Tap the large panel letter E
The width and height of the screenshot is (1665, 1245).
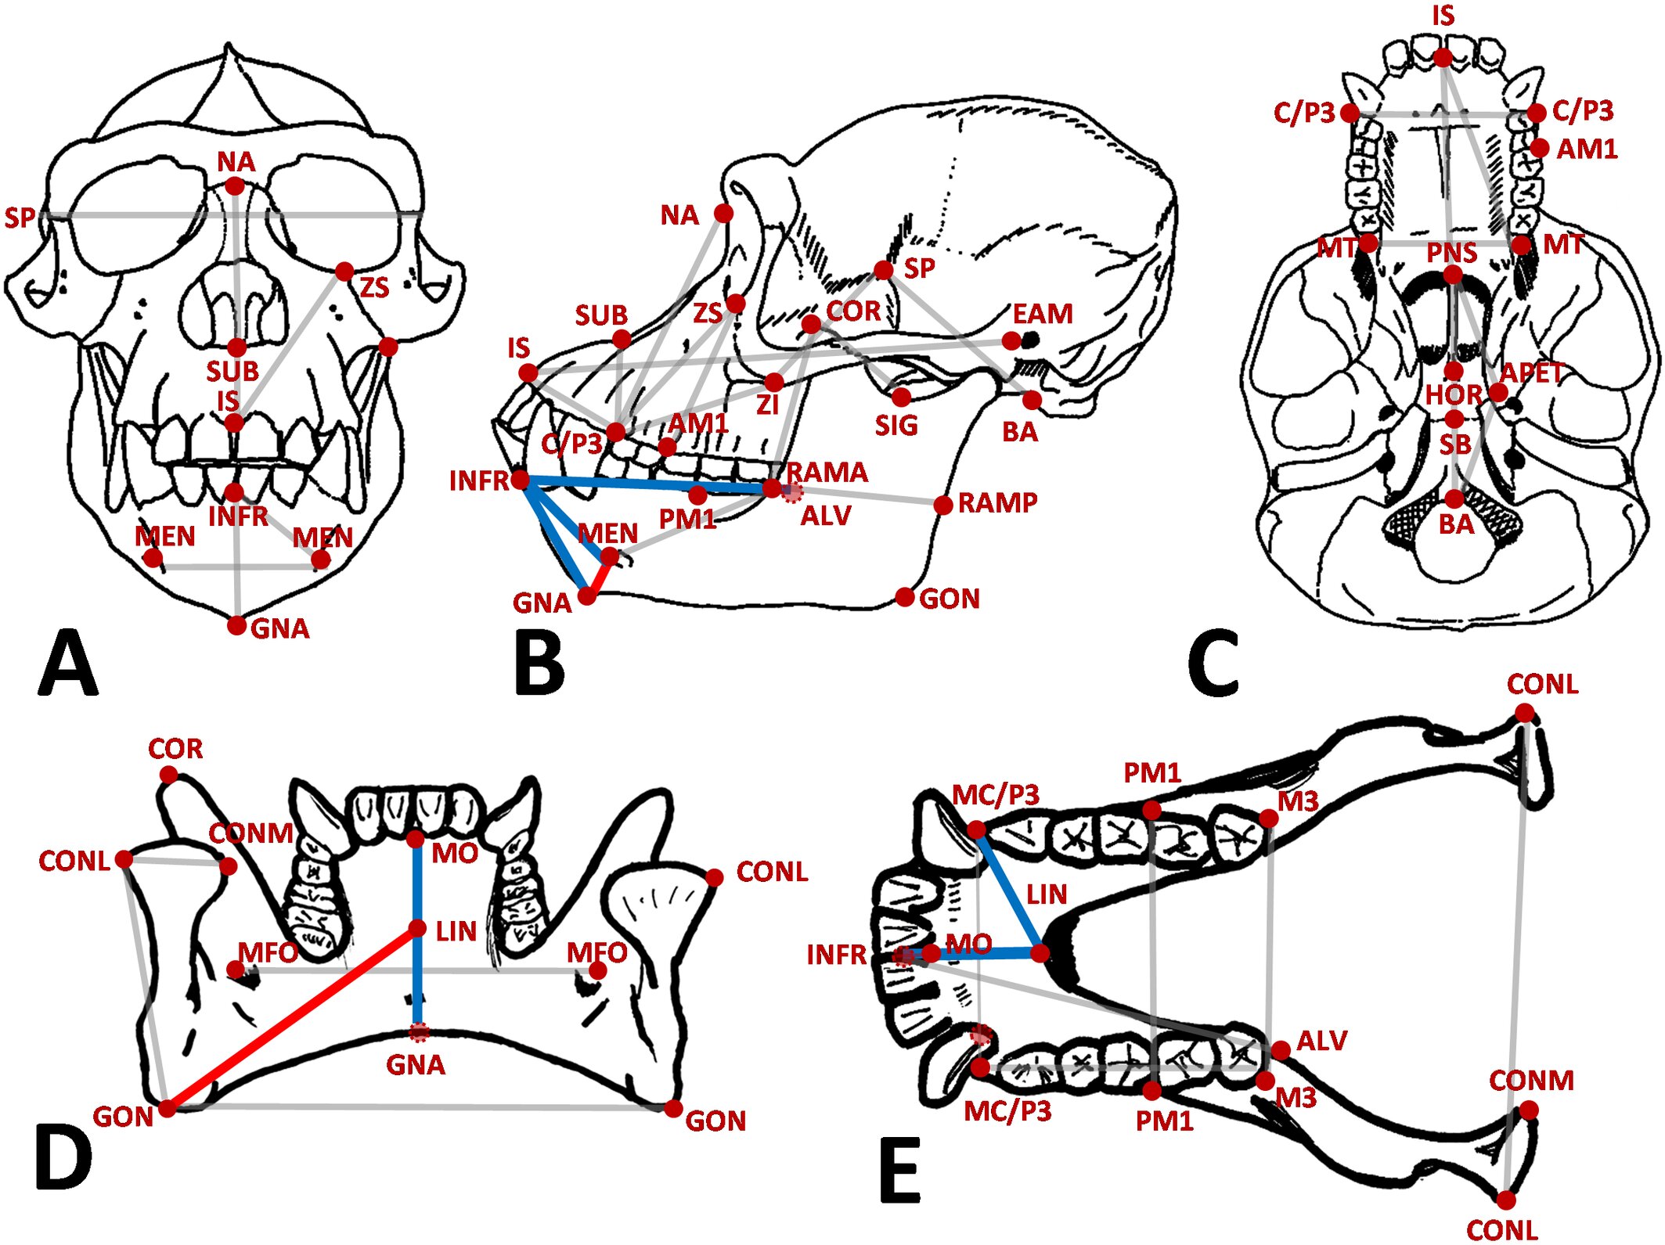click(899, 1171)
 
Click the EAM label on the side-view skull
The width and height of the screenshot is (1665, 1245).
click(1042, 314)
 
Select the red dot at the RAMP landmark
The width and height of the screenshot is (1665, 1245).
click(943, 505)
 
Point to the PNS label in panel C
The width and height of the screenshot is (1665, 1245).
click(1451, 253)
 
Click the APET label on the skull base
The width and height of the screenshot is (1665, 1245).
click(1531, 372)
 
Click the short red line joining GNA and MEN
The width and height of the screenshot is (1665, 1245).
click(600, 578)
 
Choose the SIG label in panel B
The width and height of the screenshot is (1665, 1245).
click(896, 426)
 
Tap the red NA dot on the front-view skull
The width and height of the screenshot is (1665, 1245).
click(234, 186)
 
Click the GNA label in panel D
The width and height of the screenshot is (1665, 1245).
click(416, 1065)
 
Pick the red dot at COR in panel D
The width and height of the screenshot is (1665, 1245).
click(168, 775)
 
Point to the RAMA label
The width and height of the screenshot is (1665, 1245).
click(827, 472)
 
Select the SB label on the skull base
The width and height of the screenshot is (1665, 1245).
click(1455, 444)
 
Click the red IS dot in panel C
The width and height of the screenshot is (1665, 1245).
click(1443, 57)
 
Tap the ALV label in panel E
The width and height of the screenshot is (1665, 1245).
click(1322, 1041)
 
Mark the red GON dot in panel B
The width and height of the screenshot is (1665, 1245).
click(905, 598)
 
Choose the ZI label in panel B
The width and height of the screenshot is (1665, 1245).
click(767, 405)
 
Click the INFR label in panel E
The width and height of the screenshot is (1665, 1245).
click(836, 955)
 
